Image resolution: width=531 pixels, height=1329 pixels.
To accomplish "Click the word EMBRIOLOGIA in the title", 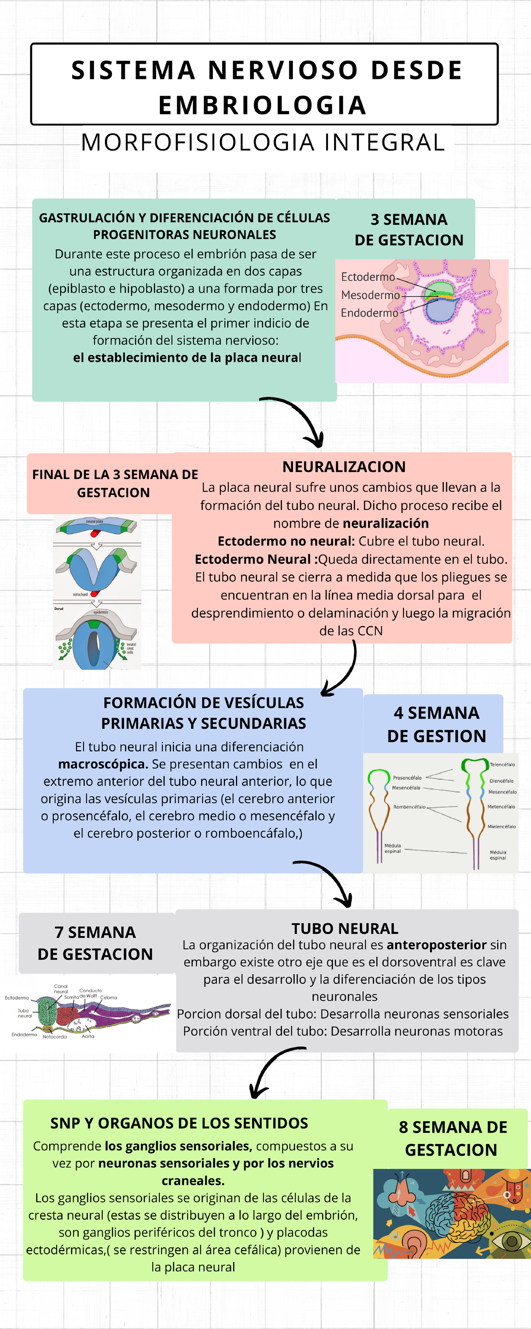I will point(262,105).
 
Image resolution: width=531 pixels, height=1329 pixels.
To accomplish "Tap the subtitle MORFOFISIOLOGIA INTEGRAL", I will point(263,142).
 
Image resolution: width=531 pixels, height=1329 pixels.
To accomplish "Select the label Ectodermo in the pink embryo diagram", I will point(368,277).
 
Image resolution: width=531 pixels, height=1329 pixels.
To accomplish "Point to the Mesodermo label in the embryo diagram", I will point(370,295).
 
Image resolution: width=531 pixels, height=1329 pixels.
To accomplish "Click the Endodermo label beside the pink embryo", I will point(369,313).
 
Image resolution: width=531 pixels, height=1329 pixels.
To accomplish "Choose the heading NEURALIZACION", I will point(344,467).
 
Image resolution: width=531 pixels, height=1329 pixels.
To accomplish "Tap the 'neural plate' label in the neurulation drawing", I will point(94,521).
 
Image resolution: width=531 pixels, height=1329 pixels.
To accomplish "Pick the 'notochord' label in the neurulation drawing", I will point(80,595).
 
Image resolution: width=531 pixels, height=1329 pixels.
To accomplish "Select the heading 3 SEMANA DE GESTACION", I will point(409,229).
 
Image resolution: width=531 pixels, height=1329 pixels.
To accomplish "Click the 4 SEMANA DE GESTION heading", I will point(436,724).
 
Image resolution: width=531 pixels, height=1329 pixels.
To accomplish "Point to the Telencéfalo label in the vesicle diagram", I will point(502,765).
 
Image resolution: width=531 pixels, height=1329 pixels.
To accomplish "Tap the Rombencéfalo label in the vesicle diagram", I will point(409,807).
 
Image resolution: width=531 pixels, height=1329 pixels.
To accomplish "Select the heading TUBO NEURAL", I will point(345,929).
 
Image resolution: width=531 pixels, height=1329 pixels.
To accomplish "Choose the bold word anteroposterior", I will point(436,945).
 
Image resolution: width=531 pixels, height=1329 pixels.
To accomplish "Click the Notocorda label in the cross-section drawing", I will point(54,1037).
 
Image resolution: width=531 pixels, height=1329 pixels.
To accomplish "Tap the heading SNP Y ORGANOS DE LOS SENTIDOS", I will point(179,1123).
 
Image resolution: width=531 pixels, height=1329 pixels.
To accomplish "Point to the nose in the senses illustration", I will point(402,1191).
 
